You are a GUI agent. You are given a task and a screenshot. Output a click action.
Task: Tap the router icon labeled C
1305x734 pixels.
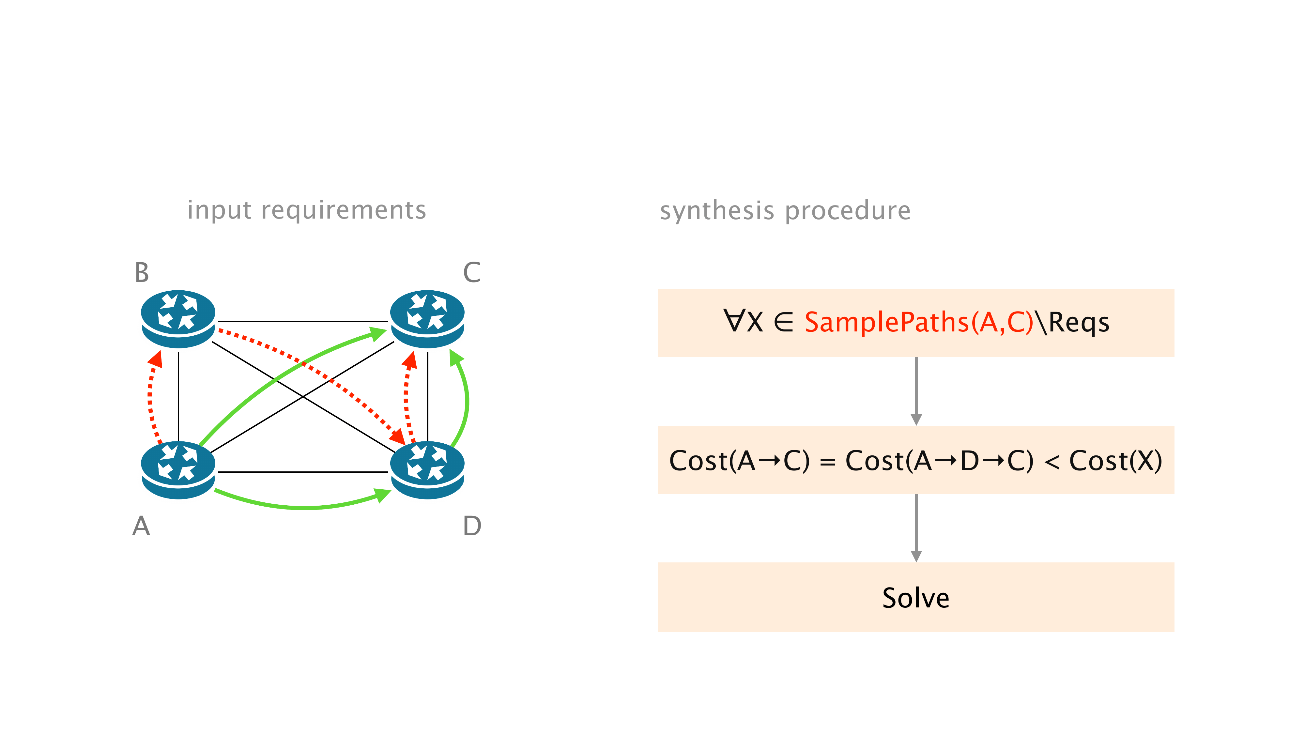coord(427,319)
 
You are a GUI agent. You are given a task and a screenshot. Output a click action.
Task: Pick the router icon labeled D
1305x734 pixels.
coord(427,469)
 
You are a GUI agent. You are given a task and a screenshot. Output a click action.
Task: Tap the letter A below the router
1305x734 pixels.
coord(141,526)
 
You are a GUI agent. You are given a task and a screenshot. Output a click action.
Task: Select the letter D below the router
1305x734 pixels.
coord(472,526)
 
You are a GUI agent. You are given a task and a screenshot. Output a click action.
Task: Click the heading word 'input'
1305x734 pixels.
coord(219,210)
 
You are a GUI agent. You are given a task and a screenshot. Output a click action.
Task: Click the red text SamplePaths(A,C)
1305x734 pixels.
coord(918,322)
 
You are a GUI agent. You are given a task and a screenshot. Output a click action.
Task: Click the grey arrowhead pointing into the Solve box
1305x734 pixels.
coord(916,556)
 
